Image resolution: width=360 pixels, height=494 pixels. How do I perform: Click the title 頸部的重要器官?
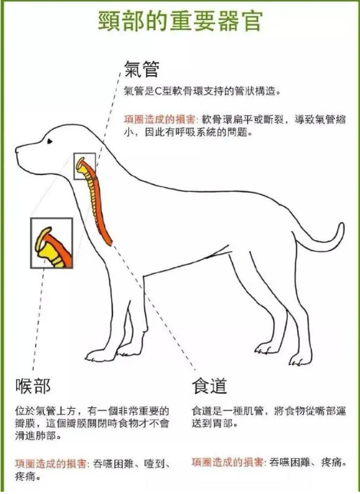point(180,20)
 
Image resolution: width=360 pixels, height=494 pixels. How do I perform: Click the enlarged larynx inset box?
point(51,242)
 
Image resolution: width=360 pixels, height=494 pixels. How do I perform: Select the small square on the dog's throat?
point(84,166)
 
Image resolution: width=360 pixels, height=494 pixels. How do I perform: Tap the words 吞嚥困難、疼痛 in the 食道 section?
point(307,463)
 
